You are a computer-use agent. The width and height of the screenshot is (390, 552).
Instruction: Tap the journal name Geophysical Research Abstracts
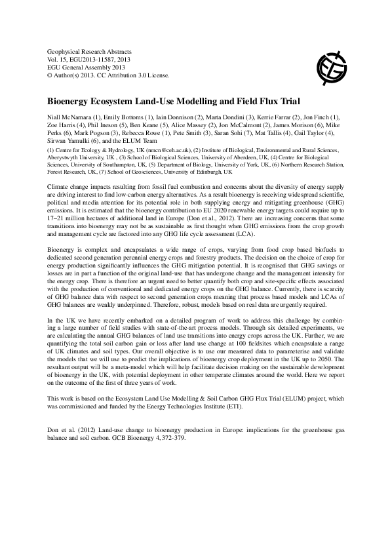86,50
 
